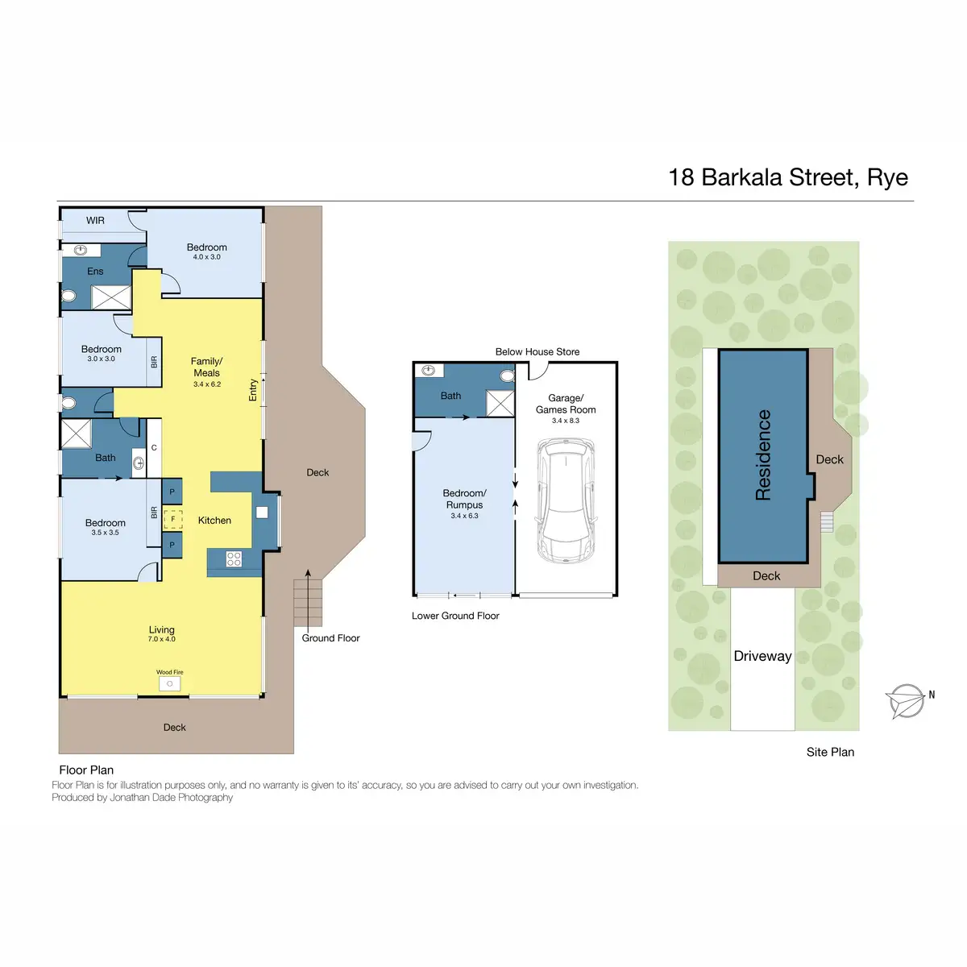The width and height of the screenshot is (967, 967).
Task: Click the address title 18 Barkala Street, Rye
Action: click(787, 177)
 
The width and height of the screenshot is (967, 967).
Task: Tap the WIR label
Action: click(95, 221)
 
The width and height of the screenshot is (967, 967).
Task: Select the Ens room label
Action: click(95, 272)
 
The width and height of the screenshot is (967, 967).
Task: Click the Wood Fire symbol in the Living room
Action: click(170, 683)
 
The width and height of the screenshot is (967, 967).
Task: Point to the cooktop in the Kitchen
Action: click(234, 558)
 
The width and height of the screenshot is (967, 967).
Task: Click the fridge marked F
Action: click(172, 519)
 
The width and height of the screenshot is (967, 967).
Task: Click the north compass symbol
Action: click(907, 701)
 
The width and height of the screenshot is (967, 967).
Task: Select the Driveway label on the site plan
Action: click(762, 656)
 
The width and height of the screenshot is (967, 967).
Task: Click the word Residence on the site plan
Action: click(762, 455)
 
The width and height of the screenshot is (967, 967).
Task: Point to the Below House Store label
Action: click(537, 352)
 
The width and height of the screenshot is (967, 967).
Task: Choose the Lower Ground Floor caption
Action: click(455, 616)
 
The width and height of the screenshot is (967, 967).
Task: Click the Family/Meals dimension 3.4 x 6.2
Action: click(207, 384)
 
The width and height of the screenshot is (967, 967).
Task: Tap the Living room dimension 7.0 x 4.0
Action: click(161, 639)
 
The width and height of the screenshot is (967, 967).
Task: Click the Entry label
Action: click(253, 390)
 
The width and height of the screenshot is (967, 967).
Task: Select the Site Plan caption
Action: click(830, 752)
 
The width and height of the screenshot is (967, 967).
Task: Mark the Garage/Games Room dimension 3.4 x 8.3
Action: click(566, 421)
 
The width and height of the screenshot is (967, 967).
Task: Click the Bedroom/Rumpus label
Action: click(465, 499)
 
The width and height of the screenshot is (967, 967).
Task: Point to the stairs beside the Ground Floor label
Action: click(308, 603)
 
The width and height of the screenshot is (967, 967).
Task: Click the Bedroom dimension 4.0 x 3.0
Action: click(207, 257)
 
